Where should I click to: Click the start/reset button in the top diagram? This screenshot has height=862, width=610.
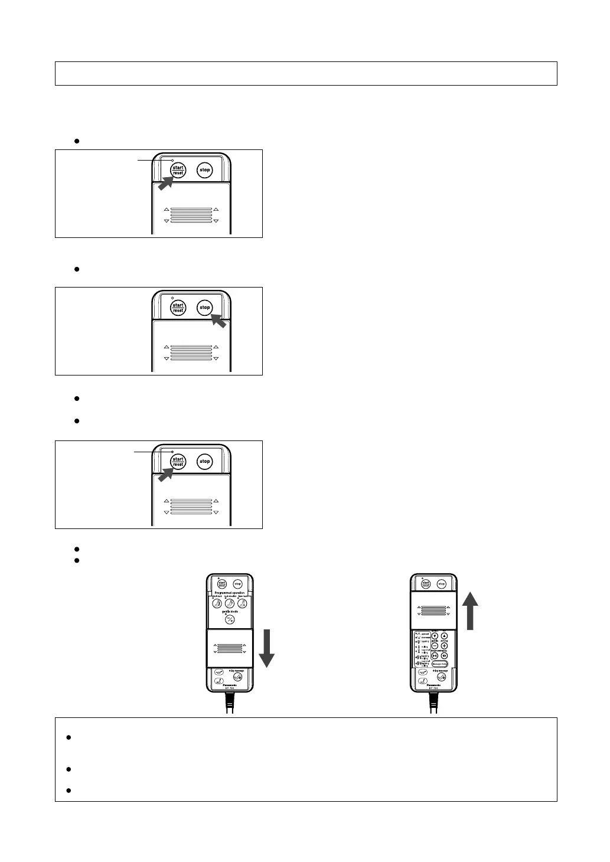click(178, 170)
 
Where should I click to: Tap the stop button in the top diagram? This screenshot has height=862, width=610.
click(204, 170)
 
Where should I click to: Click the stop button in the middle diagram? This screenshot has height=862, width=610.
click(204, 308)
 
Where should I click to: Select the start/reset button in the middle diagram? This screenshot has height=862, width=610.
click(178, 308)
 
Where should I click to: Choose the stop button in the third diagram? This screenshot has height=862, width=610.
click(204, 461)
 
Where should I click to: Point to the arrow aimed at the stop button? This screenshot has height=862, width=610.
click(218, 321)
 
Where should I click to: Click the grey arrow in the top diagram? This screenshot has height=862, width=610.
click(166, 182)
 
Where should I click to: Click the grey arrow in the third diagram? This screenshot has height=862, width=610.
click(166, 474)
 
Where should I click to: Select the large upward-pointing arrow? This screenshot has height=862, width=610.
click(471, 610)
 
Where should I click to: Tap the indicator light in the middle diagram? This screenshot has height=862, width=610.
click(172, 298)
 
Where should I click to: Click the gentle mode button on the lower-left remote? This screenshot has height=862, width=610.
click(230, 619)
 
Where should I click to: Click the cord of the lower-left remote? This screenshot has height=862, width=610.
click(230, 704)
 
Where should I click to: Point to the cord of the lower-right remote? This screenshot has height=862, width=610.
click(434, 704)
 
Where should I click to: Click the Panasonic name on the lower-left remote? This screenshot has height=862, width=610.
click(230, 685)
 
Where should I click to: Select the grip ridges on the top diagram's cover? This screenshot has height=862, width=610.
click(191, 215)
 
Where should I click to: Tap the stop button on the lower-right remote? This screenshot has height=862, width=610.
click(442, 584)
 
